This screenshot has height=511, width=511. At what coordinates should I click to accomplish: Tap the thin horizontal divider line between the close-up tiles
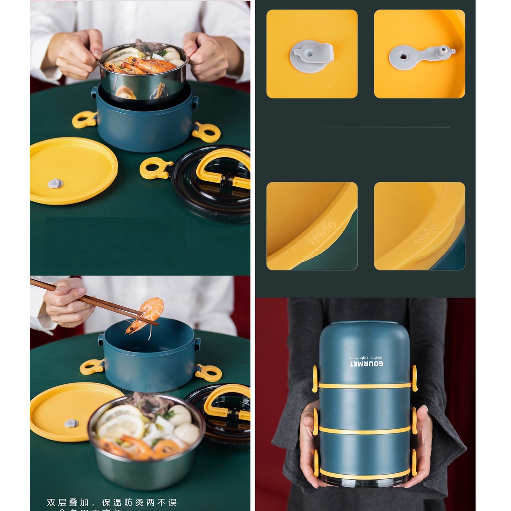pyautogui.click(x=379, y=127)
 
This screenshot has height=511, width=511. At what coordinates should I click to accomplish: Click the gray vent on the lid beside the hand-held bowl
pyautogui.click(x=55, y=183)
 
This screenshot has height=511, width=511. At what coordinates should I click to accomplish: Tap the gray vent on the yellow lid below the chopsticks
pyautogui.click(x=71, y=423)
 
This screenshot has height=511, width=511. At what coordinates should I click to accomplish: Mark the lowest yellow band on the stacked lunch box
pyautogui.click(x=364, y=473)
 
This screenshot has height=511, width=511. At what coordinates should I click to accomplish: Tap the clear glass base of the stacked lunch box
pyautogui.click(x=364, y=482)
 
